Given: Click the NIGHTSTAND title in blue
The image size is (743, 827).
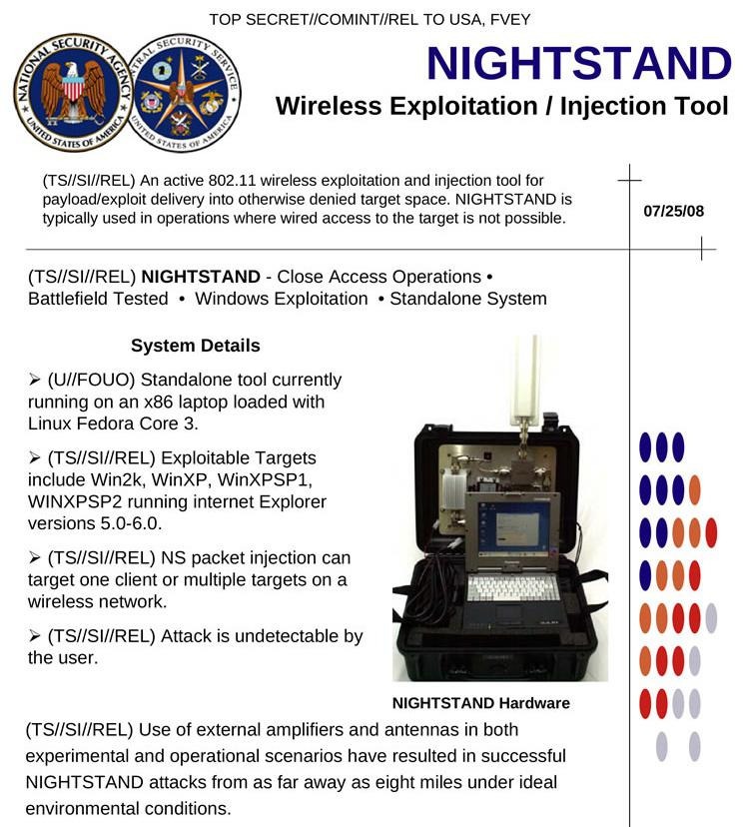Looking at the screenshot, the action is point(579,63).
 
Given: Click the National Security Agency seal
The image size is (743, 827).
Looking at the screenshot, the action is point(73,92).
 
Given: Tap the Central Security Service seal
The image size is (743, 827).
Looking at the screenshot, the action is point(182,92).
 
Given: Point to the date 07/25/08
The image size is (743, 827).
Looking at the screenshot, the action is point(673,211).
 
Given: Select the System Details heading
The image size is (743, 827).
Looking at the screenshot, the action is point(196,346).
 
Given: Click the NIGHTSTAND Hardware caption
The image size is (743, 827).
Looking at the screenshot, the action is point(481,703).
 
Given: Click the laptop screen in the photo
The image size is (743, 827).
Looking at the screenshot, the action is point(510,527).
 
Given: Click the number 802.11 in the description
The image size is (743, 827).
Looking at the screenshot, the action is point(232,181).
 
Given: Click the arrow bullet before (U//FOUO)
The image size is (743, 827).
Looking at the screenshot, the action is point(35,380).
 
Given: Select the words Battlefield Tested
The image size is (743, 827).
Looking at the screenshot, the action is point(98,299).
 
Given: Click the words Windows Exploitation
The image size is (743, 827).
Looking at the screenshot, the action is point(281,299).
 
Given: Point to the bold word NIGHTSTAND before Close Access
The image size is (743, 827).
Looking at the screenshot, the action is point(201,277).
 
